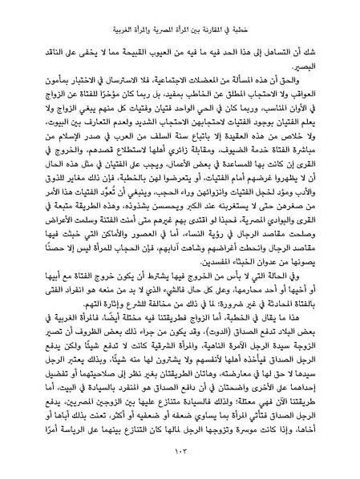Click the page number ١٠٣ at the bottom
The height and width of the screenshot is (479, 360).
[x=180, y=455]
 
